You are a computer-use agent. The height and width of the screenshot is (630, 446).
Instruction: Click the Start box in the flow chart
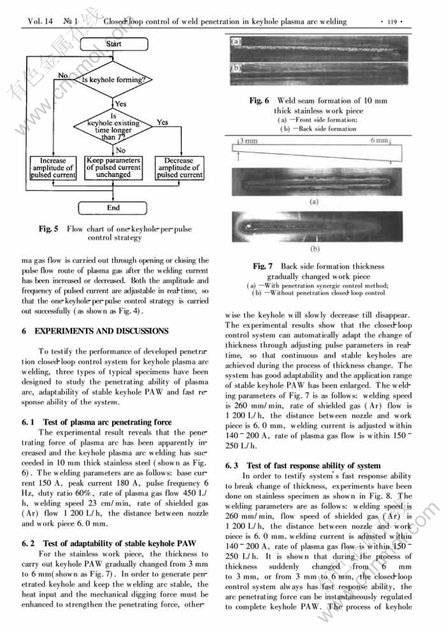(x=113, y=44)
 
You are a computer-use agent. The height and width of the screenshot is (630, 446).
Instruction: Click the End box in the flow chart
(x=113, y=208)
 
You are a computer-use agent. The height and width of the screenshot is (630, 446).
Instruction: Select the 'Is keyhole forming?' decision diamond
(x=113, y=80)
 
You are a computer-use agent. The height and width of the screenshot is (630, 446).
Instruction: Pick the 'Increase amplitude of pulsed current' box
(x=53, y=168)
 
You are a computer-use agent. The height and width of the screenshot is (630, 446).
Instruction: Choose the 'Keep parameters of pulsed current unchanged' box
(x=113, y=168)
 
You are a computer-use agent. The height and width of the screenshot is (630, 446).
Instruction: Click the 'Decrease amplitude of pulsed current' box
(x=179, y=168)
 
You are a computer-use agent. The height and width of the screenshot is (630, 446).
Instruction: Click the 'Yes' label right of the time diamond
(x=163, y=122)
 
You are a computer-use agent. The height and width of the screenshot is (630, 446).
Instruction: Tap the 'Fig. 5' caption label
(x=49, y=229)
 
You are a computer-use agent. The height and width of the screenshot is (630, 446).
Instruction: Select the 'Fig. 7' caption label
(x=264, y=266)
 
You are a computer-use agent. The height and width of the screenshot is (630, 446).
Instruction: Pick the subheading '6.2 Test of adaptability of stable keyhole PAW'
(x=118, y=543)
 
